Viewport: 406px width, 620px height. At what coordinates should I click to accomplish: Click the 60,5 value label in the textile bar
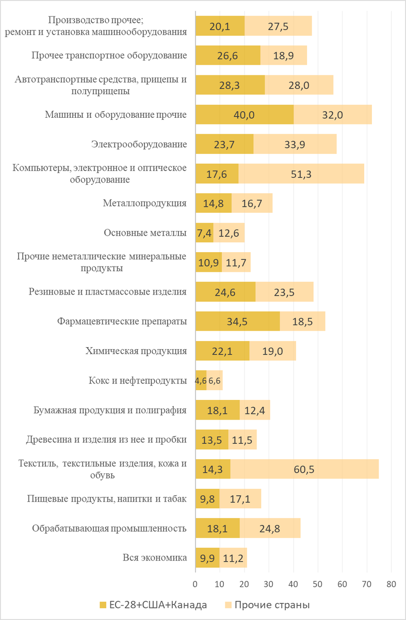(304, 470)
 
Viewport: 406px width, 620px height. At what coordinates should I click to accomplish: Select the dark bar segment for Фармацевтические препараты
(237, 322)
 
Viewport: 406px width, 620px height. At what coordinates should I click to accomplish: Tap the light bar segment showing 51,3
(301, 174)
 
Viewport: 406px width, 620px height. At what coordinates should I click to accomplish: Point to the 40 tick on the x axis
(293, 584)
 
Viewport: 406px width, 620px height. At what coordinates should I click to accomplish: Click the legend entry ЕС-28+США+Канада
(153, 605)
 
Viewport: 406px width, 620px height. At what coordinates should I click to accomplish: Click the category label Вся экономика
(154, 557)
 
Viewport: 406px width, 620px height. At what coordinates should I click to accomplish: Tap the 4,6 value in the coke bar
(201, 381)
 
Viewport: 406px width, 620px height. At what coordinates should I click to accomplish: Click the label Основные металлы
(145, 233)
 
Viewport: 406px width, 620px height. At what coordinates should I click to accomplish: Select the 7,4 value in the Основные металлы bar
(204, 233)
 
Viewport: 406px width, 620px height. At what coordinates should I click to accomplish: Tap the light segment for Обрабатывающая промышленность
(270, 529)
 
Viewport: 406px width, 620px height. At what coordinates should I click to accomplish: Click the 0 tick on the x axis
(196, 584)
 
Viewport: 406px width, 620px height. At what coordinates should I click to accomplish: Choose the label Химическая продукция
(136, 351)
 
